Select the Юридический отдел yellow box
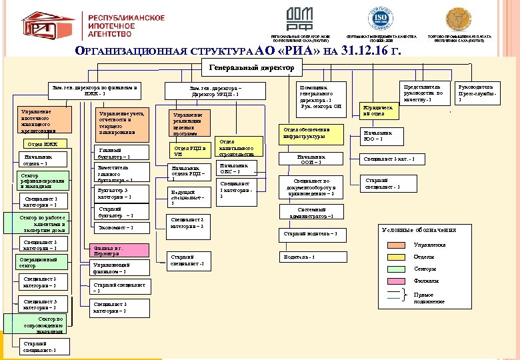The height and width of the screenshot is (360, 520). (x=377, y=111)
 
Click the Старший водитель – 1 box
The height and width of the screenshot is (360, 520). (x=315, y=233)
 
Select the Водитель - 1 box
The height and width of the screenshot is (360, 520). (x=315, y=257)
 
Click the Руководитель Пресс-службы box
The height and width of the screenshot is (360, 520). (x=476, y=93)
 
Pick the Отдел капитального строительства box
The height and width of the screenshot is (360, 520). (x=237, y=147)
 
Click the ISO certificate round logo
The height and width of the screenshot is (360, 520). (x=381, y=17)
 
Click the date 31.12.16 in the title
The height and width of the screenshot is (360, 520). (x=367, y=51)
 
